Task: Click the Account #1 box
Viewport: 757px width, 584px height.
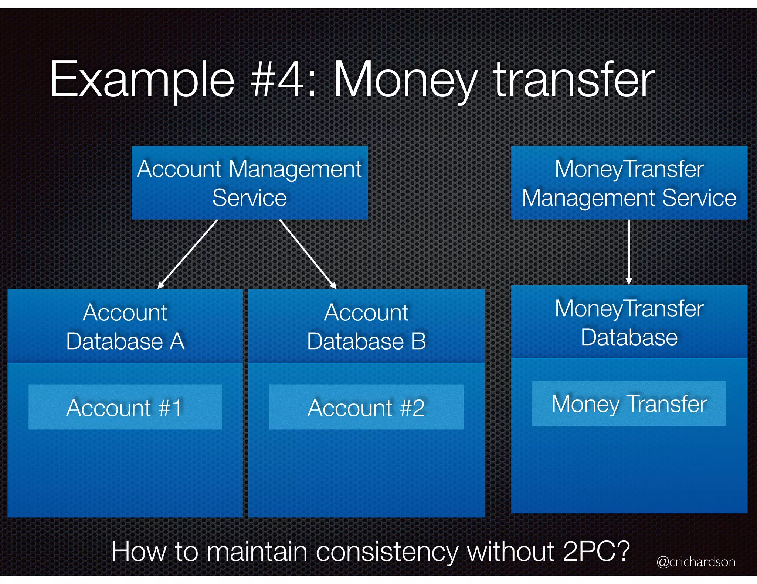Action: [125, 407]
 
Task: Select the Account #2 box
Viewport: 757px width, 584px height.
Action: [366, 407]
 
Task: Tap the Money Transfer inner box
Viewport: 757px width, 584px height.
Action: [628, 403]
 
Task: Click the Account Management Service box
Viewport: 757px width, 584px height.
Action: [249, 183]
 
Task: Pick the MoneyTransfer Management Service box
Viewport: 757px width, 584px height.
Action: [629, 183]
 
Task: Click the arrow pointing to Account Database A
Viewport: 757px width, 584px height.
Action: [188, 254]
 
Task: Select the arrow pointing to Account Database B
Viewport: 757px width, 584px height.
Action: [308, 254]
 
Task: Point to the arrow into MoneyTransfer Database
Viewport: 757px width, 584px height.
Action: [629, 252]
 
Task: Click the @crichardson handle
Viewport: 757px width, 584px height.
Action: [696, 561]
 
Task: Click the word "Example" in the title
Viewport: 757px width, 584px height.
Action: [142, 80]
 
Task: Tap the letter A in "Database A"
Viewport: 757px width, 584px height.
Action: [177, 341]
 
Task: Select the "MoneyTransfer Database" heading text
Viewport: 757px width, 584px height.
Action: [629, 323]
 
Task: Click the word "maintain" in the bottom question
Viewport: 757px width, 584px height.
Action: [257, 551]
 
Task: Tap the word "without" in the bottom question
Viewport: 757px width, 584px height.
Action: [511, 551]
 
